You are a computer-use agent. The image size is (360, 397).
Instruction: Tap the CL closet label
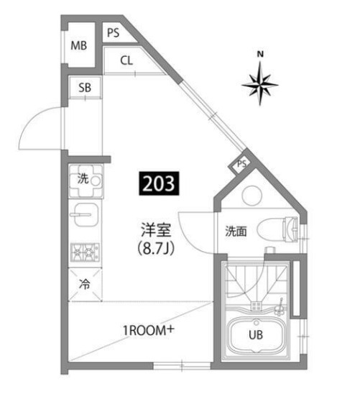[x=126, y=60]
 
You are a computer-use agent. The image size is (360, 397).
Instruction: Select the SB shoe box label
[x=85, y=88]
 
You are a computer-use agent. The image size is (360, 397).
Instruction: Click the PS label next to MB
[x=114, y=32]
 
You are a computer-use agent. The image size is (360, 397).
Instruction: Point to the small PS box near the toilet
[x=242, y=164]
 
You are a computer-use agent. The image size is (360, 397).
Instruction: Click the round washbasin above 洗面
[x=252, y=196]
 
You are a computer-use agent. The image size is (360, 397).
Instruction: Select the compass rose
[x=260, y=83]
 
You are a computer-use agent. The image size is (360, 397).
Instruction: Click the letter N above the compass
[x=261, y=53]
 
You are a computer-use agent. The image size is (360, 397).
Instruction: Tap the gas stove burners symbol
[x=85, y=252]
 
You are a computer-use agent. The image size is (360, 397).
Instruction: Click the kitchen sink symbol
[x=86, y=214]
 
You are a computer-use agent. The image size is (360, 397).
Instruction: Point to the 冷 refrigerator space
[x=85, y=283]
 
